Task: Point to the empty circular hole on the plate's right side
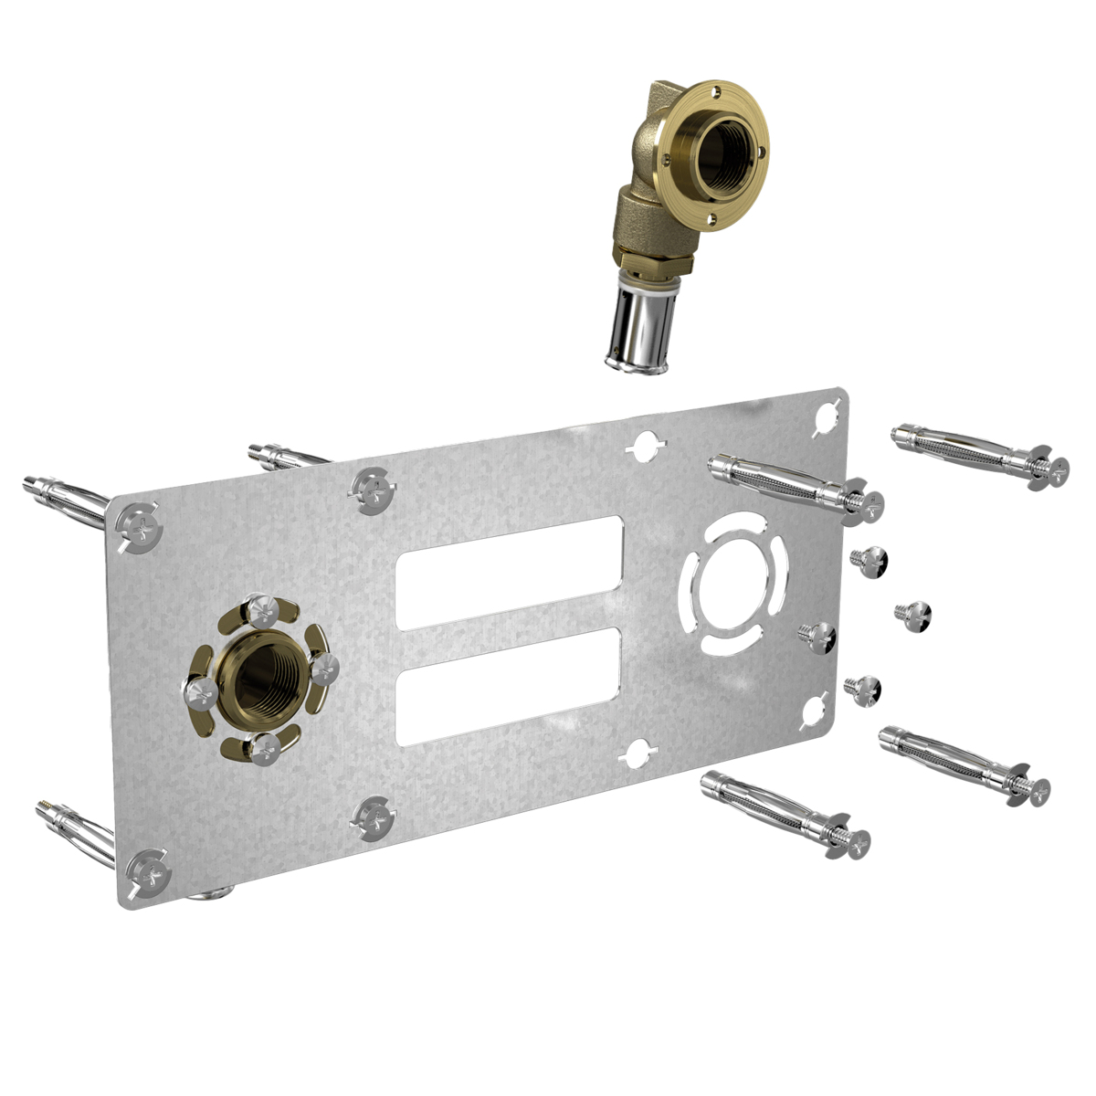click(735, 580)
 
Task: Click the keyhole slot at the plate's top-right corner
click(825, 416)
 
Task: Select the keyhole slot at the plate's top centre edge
click(645, 447)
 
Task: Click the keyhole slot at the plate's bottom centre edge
click(637, 753)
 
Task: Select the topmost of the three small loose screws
click(866, 557)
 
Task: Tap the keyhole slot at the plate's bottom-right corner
click(815, 711)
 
